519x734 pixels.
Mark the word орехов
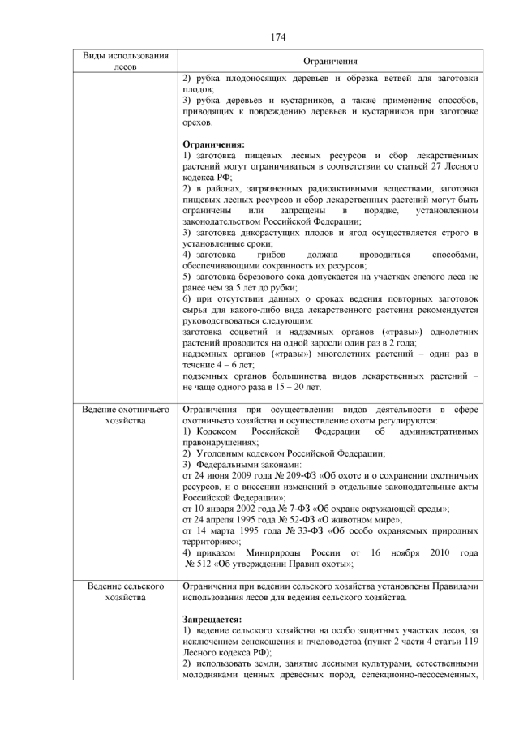tap(198, 122)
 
